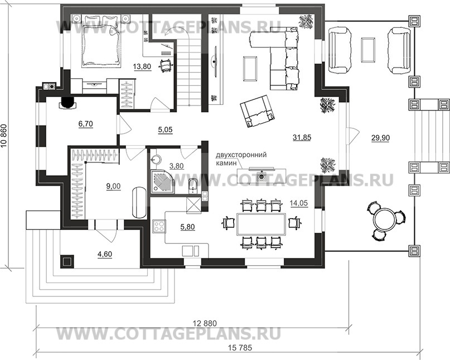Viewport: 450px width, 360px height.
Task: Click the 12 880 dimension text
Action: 205,323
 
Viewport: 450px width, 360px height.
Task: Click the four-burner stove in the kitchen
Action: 159,228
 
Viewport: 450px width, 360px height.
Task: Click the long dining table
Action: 260,223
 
